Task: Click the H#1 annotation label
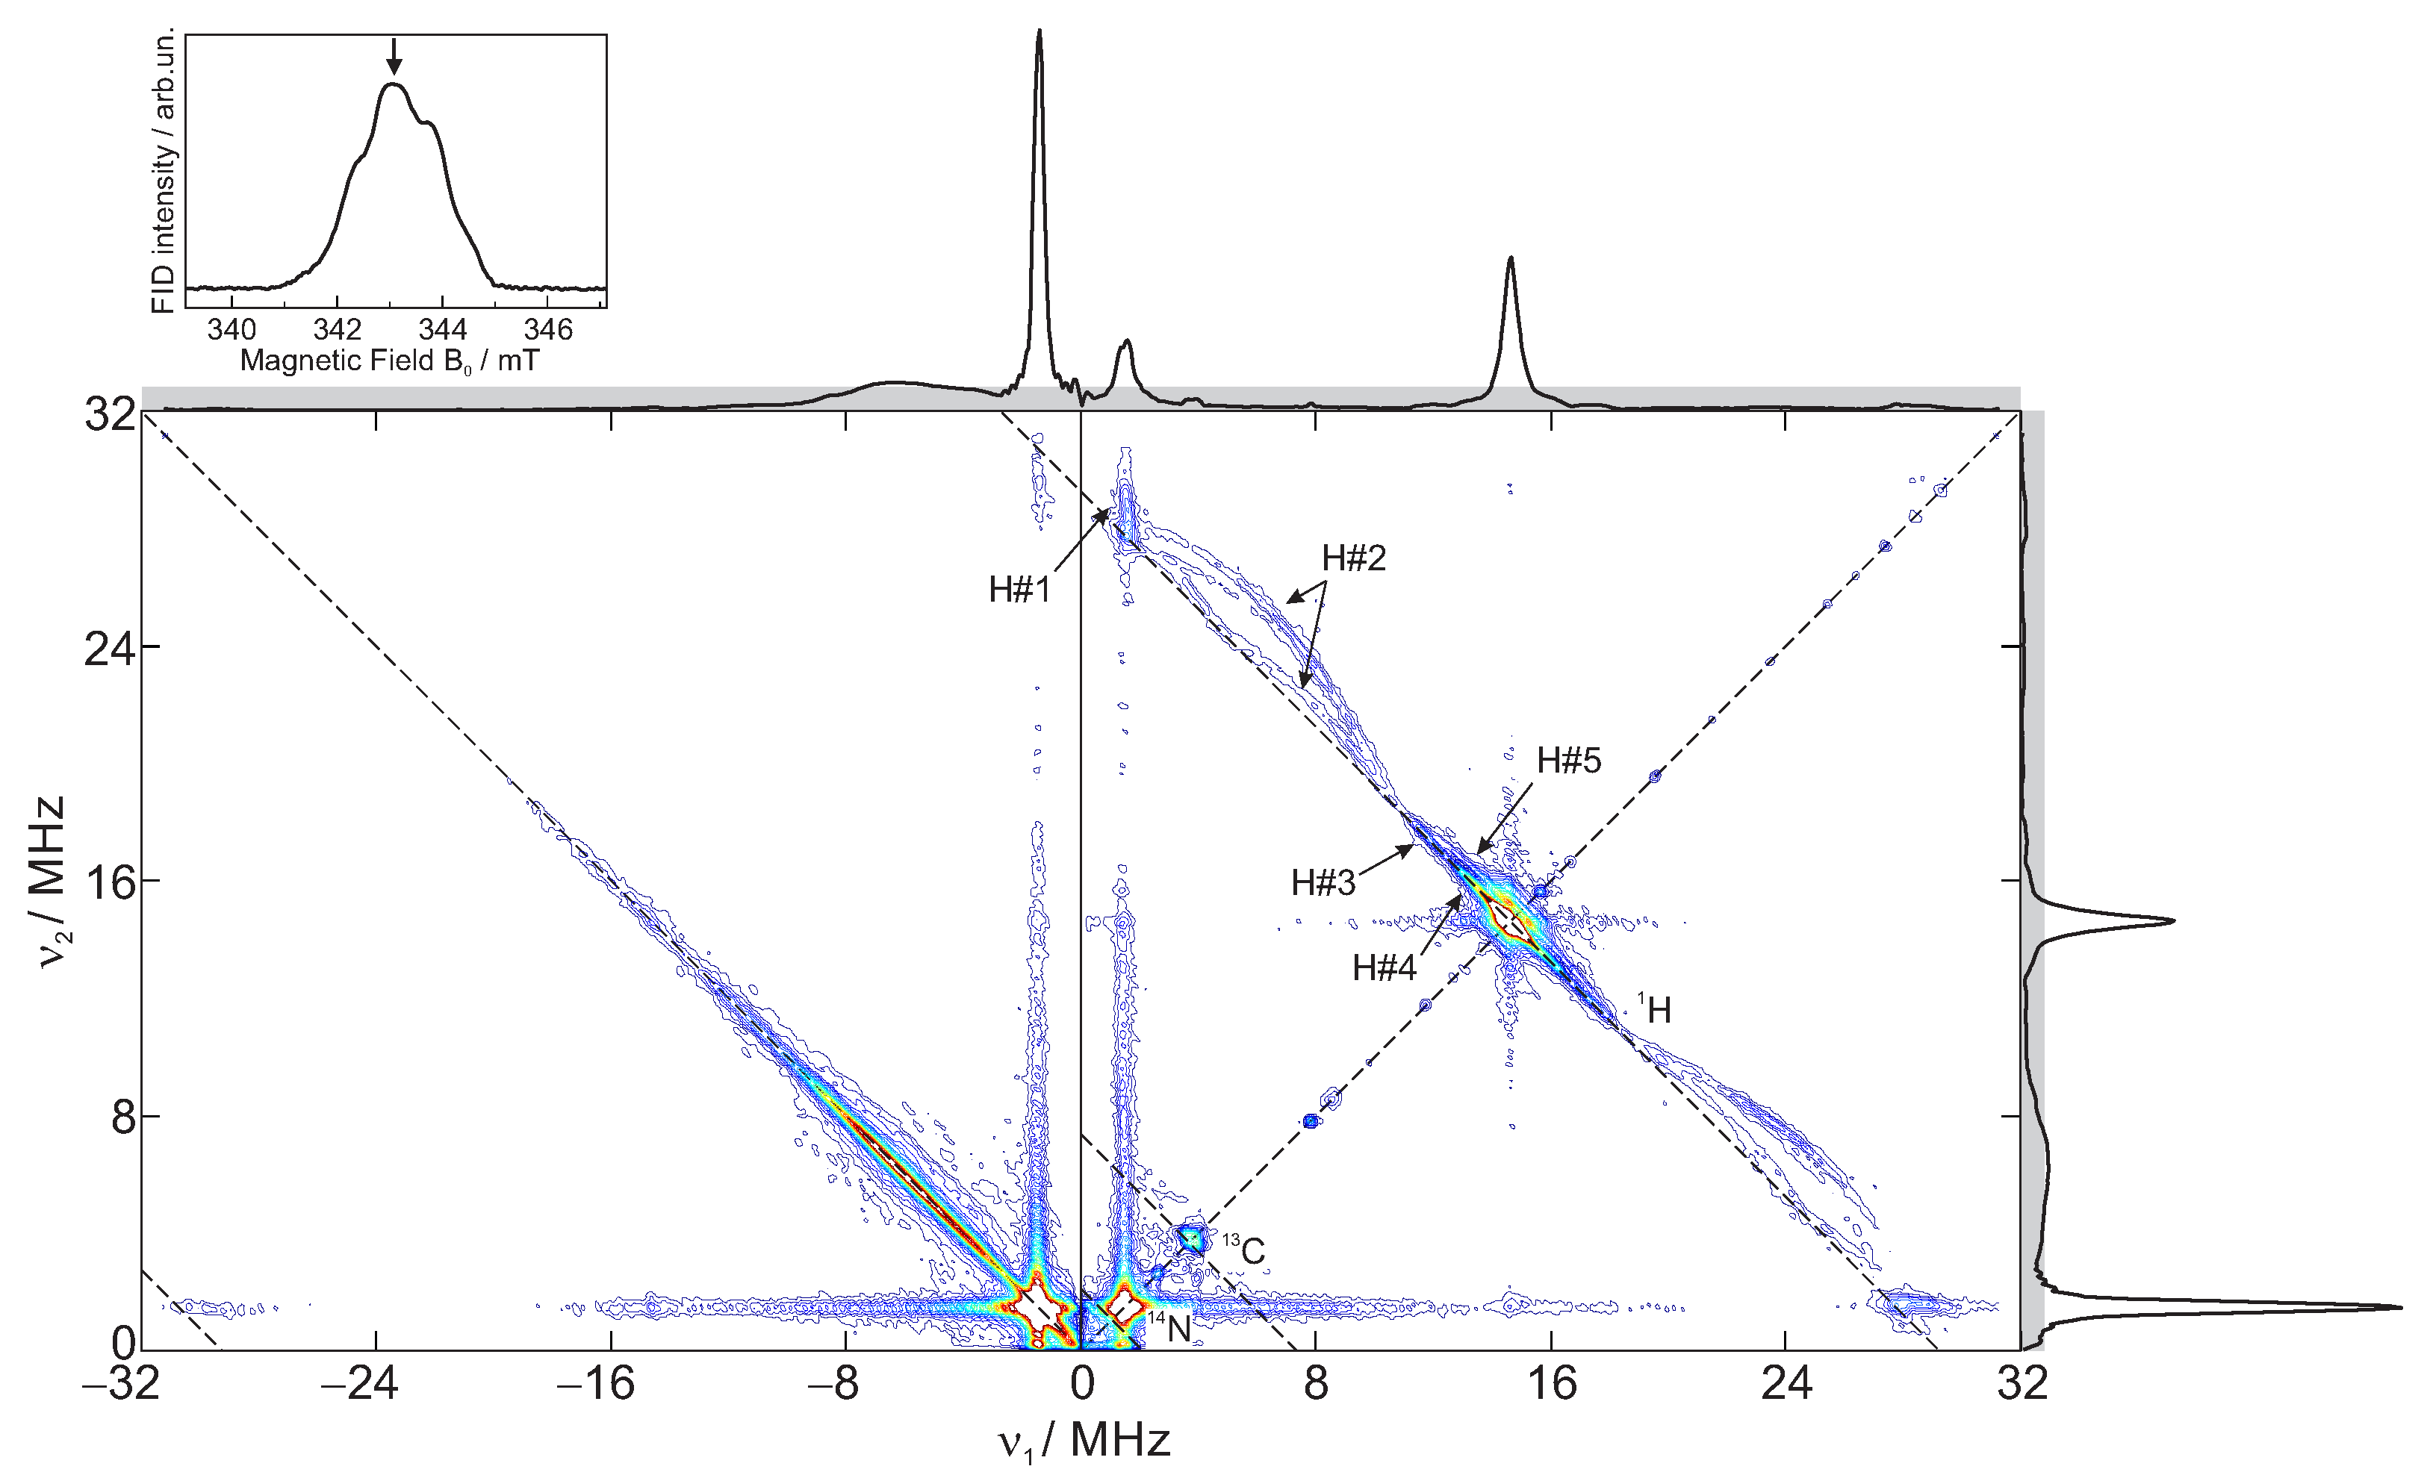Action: pyautogui.click(x=1019, y=590)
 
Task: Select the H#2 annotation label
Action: pyautogui.click(x=1353, y=558)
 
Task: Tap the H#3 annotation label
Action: pyautogui.click(x=1323, y=882)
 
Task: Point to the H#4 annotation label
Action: pyautogui.click(x=1384, y=968)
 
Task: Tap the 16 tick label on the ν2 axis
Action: pyautogui.click(x=108, y=882)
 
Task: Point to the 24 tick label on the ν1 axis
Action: pyautogui.click(x=1786, y=1383)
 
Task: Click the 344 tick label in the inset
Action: pyautogui.click(x=442, y=329)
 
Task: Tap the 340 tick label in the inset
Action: pyautogui.click(x=231, y=329)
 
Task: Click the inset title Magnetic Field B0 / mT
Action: pyautogui.click(x=390, y=361)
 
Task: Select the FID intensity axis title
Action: pyautogui.click(x=164, y=170)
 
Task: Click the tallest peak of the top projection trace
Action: pyautogui.click(x=1040, y=33)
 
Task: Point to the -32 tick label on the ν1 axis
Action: pyautogui.click(x=120, y=1383)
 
